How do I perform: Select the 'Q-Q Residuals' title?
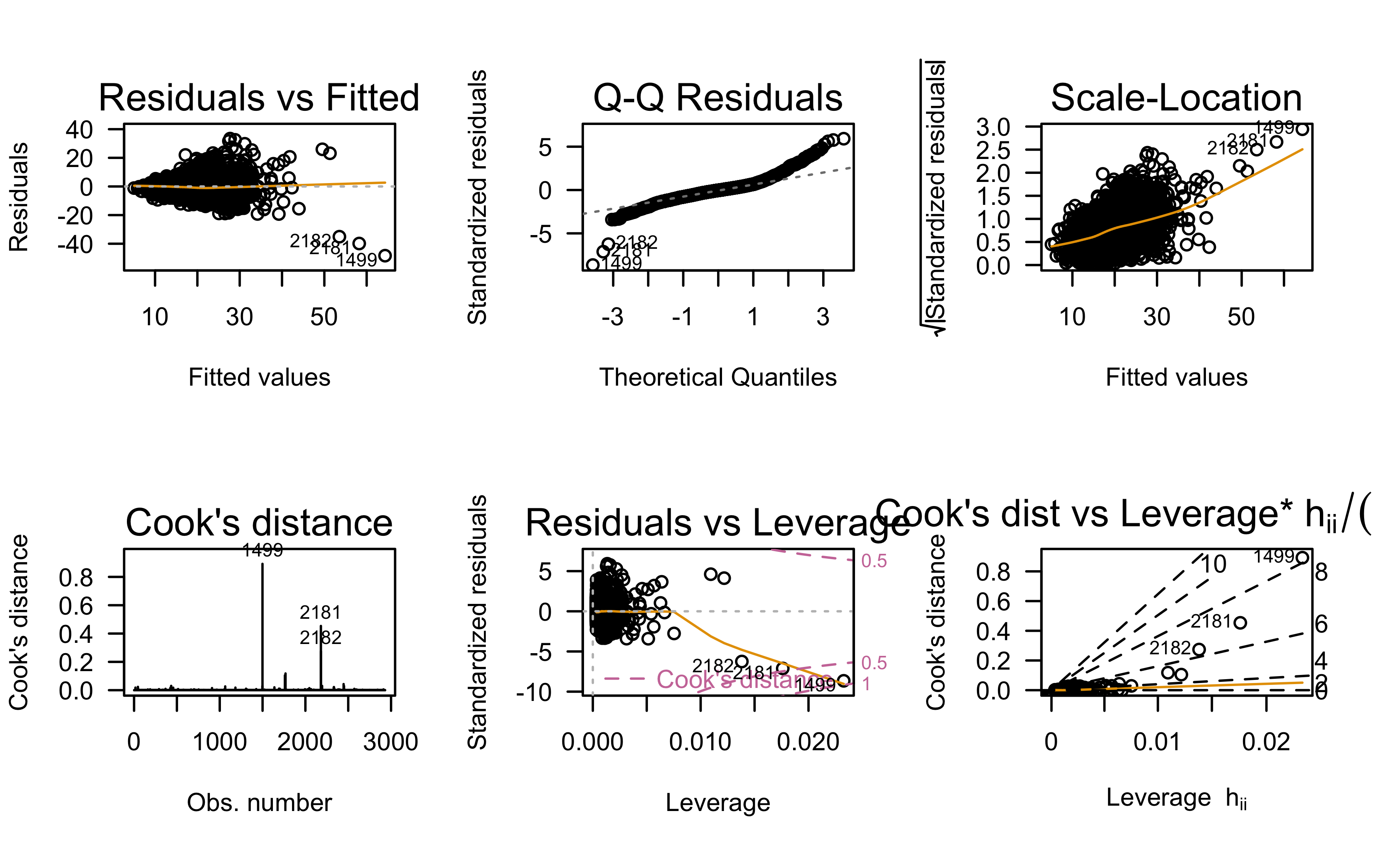(718, 98)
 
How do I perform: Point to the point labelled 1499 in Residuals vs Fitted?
(385, 256)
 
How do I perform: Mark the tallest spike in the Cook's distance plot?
(263, 565)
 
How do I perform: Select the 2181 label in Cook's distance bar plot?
(320, 612)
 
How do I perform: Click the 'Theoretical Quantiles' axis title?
(718, 377)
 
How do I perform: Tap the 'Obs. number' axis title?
(259, 803)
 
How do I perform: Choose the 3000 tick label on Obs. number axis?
(391, 742)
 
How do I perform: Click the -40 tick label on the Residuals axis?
(75, 245)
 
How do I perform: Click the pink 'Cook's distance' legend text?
(742, 680)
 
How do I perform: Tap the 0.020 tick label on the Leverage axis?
(808, 742)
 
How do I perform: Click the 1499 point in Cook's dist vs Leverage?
(1302, 558)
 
